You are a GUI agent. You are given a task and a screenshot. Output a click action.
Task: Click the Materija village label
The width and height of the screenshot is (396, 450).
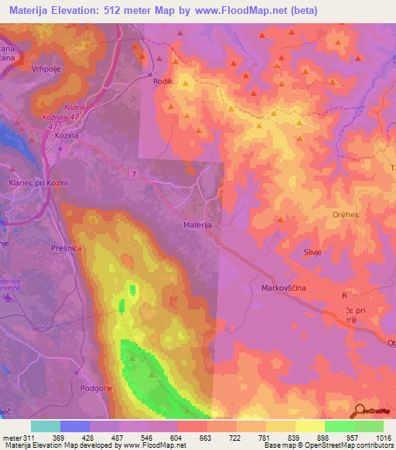197,224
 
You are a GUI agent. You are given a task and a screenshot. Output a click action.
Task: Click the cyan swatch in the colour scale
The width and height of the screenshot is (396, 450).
45,426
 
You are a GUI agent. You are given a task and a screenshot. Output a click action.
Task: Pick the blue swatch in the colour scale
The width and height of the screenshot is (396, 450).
74,426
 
